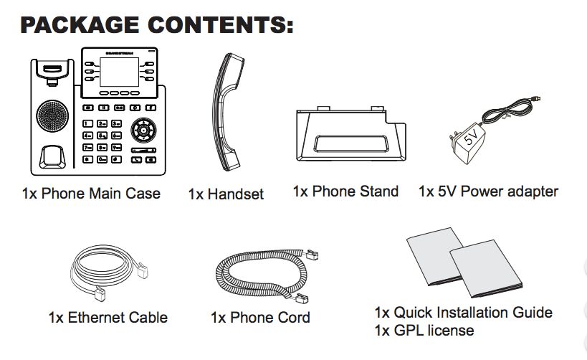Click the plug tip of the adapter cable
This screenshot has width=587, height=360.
pos(537,99)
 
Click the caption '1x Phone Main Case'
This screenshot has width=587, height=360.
pos(91,194)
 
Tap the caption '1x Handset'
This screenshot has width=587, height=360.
pos(226,194)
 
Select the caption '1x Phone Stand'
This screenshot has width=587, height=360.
pos(345,191)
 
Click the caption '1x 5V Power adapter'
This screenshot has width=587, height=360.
pos(488,191)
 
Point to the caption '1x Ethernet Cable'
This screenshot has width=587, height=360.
pos(108,317)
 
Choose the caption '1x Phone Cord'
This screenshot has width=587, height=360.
pos(260,317)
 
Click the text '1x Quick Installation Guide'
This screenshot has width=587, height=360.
pos(463,313)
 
